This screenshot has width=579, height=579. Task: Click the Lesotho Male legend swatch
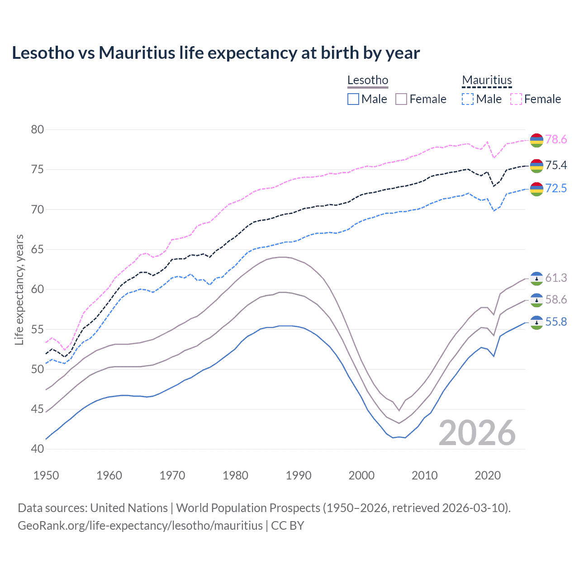coord(353,99)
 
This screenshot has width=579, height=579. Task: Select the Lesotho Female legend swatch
coord(401,99)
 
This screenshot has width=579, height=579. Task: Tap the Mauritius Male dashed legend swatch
coord(468,99)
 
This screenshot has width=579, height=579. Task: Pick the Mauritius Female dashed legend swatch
coord(516,99)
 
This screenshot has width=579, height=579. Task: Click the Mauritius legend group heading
coord(487,81)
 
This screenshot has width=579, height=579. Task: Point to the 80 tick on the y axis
coord(38,130)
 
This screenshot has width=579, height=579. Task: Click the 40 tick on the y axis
coord(38,449)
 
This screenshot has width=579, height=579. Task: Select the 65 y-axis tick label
coord(38,250)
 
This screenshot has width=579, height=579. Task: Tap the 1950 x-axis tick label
coord(46,475)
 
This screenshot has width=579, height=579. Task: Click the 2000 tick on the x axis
coord(361,475)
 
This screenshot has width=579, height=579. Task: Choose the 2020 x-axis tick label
coord(488,475)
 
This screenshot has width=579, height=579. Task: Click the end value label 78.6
coord(556,140)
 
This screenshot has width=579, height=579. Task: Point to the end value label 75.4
coord(556,166)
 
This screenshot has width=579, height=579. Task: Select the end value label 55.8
coord(556,322)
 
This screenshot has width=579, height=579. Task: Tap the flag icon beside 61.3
coord(536,279)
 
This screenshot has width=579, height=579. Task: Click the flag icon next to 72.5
coord(536,189)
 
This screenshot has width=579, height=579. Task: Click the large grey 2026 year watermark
coord(477,433)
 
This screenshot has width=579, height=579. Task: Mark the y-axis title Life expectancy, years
coord(19,289)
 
